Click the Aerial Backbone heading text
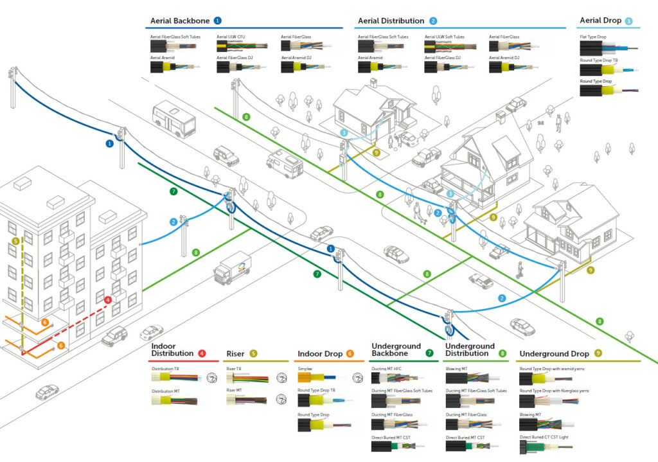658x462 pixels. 179,21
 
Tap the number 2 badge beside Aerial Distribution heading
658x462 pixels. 433,21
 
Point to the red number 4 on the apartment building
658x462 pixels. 108,300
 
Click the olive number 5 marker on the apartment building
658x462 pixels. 15,242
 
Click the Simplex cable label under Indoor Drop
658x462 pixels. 305,369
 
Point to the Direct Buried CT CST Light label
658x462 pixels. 549,437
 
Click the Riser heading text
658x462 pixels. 236,353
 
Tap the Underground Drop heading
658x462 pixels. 554,353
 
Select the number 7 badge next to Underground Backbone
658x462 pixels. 429,353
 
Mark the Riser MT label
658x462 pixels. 234,391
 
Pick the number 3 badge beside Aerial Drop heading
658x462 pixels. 628,21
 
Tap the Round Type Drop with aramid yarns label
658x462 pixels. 553,369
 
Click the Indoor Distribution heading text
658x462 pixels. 172,350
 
